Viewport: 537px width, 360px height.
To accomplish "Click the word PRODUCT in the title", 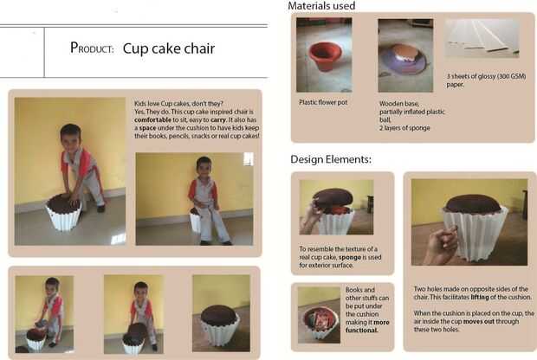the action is pos(92,48).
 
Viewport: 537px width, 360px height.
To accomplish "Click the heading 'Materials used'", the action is pos(321,6).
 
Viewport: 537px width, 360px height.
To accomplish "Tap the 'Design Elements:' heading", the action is pos(331,159).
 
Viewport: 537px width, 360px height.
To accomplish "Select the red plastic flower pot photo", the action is pos(324,55).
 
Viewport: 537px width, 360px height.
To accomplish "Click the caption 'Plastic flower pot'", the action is pos(323,102).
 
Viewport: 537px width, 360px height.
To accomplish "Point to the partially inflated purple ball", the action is pos(405,61).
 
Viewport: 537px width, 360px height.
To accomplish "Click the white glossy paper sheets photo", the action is pos(482,38).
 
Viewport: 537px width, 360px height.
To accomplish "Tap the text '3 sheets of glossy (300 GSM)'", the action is pos(486,76).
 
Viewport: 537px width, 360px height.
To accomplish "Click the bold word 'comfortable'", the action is pos(152,119).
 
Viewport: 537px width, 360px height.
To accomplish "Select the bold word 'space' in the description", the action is pos(147,128).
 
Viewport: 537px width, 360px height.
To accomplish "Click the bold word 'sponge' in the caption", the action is pos(350,257).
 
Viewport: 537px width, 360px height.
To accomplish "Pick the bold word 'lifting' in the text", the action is pos(480,297).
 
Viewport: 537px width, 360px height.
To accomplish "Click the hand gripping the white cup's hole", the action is pos(442,244).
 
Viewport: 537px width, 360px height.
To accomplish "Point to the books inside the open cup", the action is pos(320,321).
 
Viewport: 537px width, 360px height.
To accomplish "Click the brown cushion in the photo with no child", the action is pos(218,315).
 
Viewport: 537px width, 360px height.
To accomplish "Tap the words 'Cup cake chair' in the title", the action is pos(169,48).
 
